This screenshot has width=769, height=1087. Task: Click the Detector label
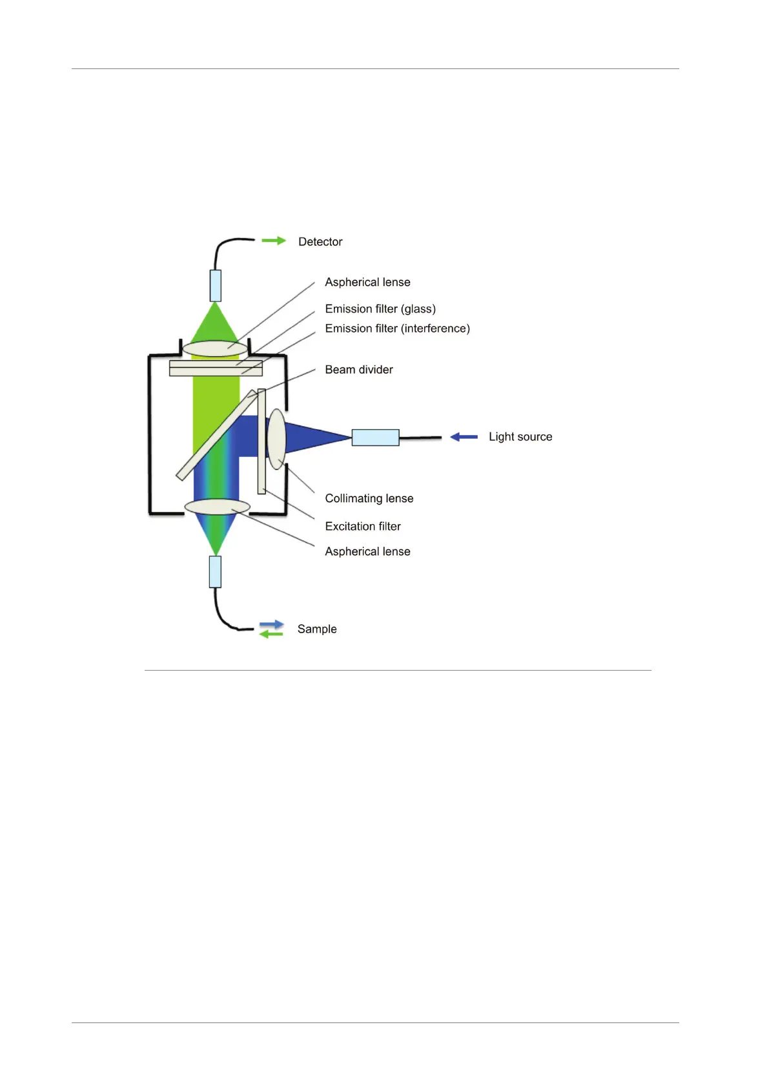320,242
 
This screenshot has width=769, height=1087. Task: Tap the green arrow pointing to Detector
273,241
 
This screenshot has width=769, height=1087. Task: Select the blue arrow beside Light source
464,437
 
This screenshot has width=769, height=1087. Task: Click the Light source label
520,437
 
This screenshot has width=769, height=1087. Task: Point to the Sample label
316,629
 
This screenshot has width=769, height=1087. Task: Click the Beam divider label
358,370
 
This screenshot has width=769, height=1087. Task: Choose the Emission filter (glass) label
380,309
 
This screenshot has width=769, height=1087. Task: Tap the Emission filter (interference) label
397,329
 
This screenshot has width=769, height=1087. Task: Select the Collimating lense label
369,498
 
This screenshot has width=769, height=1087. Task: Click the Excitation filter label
362,527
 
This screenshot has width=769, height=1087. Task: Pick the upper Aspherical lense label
367,283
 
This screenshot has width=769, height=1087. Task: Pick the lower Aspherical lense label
367,552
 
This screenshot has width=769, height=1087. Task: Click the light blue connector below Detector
216,285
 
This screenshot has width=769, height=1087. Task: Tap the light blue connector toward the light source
375,438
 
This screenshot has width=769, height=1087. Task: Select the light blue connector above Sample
215,572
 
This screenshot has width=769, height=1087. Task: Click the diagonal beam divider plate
216,436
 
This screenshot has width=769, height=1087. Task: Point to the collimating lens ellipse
277,439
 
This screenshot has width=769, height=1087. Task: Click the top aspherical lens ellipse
214,349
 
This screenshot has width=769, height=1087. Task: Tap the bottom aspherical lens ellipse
217,507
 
